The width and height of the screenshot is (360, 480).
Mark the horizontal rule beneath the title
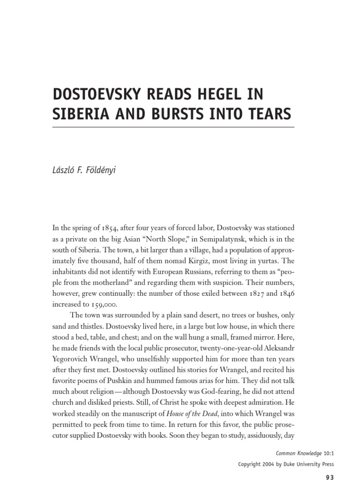[x=174, y=127]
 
